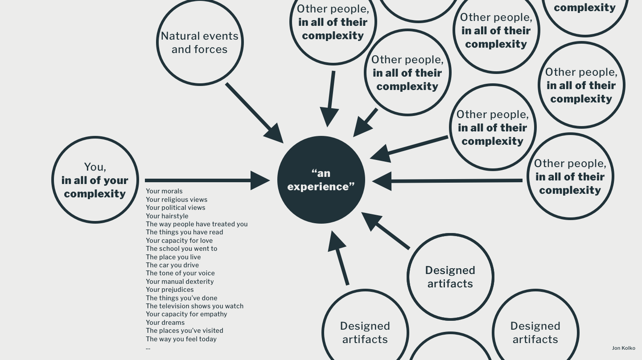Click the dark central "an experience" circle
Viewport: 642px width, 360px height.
[x=321, y=180]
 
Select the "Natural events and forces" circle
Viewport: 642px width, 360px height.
[x=200, y=42]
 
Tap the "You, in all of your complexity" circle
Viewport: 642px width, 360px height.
[x=95, y=180]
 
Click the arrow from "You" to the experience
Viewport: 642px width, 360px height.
[x=205, y=180]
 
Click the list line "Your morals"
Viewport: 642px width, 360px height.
[x=164, y=191]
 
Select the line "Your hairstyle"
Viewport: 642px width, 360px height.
[x=167, y=216]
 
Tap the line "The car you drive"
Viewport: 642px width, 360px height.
[x=172, y=265]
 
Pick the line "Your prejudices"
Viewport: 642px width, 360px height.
[x=169, y=290]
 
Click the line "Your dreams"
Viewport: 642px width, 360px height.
[x=165, y=323]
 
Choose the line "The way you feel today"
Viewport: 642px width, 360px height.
[x=181, y=339]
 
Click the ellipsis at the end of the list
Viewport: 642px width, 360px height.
[x=148, y=348]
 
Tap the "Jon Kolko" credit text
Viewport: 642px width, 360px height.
[x=623, y=348]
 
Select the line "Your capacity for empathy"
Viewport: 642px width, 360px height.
[x=186, y=314]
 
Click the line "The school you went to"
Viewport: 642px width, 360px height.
[x=181, y=249]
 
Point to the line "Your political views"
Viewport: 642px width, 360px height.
[x=176, y=208]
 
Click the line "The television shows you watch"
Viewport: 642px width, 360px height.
[x=194, y=306]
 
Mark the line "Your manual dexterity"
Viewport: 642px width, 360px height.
[x=180, y=282]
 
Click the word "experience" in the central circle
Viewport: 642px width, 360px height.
[x=321, y=187]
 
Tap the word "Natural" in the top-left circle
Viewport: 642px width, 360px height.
[x=181, y=36]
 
